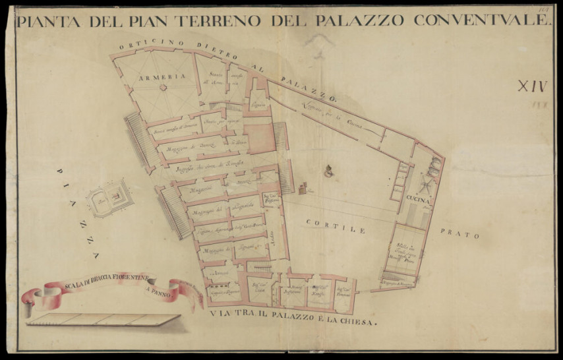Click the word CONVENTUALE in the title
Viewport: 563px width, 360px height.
(481, 20)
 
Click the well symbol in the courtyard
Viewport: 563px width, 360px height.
(328, 173)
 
